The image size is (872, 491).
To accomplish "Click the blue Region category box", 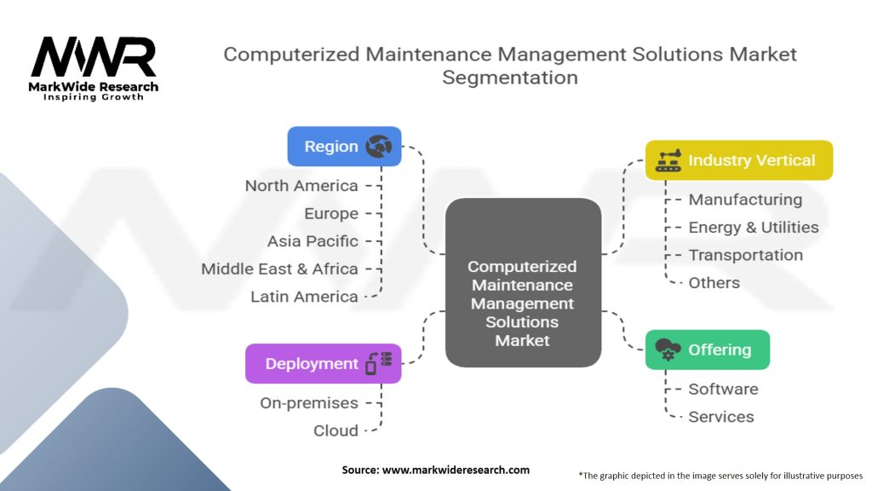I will (343, 147).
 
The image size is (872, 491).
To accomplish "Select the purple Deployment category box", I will (323, 364).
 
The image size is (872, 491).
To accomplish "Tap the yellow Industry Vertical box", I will (738, 160).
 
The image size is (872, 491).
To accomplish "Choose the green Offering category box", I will (707, 349).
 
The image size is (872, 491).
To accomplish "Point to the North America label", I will (301, 186).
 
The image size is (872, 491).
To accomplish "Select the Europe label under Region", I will (331, 213).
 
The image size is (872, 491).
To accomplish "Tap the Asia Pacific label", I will (313, 241).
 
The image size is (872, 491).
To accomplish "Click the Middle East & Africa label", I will (279, 269).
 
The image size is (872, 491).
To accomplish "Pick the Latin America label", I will (304, 297).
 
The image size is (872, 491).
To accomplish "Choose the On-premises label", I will (309, 403).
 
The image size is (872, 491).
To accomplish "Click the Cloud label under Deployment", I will (336, 430).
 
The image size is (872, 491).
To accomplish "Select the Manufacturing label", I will (745, 199).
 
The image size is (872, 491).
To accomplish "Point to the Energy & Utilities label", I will (754, 228).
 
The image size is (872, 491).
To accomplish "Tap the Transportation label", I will (745, 255).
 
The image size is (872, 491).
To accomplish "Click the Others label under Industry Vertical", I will (714, 283).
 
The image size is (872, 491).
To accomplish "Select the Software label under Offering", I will (723, 389).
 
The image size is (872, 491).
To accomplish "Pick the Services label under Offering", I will (721, 417).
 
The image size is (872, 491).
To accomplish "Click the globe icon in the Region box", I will (378, 147).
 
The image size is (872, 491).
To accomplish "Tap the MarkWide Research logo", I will (94, 68).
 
